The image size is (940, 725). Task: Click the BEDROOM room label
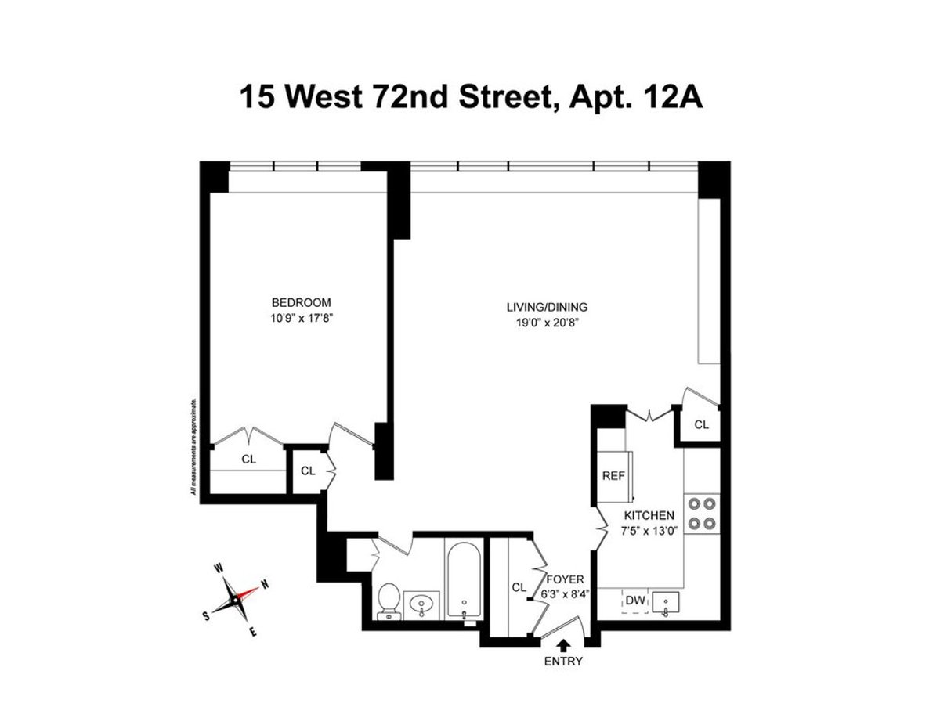coord(301,302)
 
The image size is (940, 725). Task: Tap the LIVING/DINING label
coord(547,307)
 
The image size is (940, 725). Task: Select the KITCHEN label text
coord(649,515)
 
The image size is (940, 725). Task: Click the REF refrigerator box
coord(612,475)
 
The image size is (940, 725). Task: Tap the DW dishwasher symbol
coord(634,601)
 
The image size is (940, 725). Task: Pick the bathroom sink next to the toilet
coord(422,604)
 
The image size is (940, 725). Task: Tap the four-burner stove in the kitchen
coord(701,513)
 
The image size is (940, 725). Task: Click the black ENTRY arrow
coord(563,644)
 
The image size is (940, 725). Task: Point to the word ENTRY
coord(563,662)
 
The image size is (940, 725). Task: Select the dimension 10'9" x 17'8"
coord(301,317)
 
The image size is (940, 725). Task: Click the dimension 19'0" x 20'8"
coord(547,322)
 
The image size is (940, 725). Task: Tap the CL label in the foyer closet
coord(519,586)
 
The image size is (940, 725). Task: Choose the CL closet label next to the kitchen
coord(701,424)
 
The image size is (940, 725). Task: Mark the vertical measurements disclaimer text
coord(192,446)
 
